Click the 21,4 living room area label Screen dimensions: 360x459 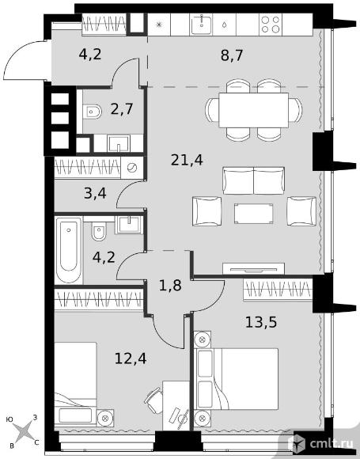(187, 161)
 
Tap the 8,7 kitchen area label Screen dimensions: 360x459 (232, 55)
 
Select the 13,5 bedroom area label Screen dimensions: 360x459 (261, 323)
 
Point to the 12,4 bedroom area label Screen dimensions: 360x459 (131, 358)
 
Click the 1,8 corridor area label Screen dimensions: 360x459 (170, 286)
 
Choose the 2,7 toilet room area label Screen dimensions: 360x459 (122, 109)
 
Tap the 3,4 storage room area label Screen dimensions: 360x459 (95, 194)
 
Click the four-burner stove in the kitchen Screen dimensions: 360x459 (271, 25)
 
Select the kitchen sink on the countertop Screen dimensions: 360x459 (202, 25)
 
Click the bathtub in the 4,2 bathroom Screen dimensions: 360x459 (69, 250)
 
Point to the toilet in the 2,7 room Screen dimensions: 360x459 (92, 112)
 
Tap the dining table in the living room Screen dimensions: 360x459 (253, 110)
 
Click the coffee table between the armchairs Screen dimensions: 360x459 (253, 214)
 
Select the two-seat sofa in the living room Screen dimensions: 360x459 (253, 180)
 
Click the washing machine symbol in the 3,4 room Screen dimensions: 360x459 (132, 168)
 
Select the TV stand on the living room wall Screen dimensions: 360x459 (253, 269)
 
